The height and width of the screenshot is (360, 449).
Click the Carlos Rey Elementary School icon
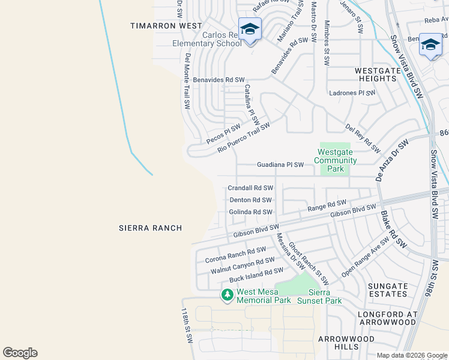tap(250, 28)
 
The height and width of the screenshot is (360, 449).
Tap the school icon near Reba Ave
tap(430, 46)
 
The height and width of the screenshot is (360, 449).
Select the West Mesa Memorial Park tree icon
tap(227, 295)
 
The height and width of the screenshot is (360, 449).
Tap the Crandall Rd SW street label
tap(250, 188)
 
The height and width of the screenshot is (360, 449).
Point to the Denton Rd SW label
tap(250, 200)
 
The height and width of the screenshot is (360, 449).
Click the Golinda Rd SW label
tap(251, 212)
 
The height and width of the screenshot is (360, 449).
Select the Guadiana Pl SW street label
tap(280, 164)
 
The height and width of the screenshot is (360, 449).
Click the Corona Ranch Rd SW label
tap(235, 254)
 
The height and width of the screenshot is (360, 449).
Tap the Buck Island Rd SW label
tap(256, 275)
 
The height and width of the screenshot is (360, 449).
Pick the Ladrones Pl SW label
tap(352, 93)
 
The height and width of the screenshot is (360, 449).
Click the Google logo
tap(20, 353)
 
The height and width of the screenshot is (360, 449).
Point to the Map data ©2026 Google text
tap(411, 355)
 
